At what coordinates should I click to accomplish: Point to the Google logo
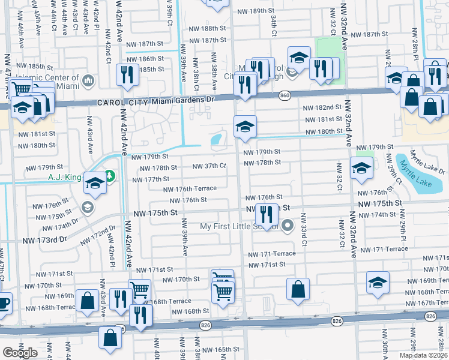pos(20,353)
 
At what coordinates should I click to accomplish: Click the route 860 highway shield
pos(285,95)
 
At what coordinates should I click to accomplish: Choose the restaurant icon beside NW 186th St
pos(127,74)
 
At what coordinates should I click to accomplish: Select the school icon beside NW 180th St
pos(244,127)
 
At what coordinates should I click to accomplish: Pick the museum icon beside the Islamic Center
pos(87,80)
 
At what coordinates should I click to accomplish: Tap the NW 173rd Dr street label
pos(42,239)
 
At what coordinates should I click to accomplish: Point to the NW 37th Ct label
pos(209,166)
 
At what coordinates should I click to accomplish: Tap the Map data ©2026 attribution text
pos(423,355)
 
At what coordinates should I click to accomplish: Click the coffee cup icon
pos(3,304)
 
